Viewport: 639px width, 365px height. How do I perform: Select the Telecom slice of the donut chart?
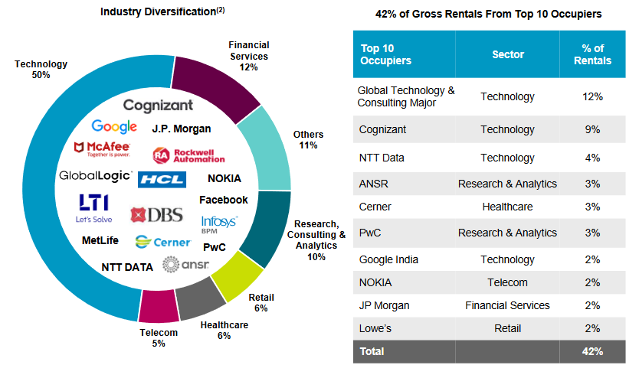tap(159, 305)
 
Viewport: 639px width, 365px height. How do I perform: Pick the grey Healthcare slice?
tap(201, 297)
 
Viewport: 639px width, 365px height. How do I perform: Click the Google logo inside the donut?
tap(114, 127)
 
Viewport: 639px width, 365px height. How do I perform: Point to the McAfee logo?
tap(102, 147)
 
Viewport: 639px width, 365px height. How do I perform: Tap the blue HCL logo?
tap(162, 180)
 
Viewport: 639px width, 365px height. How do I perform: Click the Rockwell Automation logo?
tap(189, 155)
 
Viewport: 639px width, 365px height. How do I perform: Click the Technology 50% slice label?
tap(41, 70)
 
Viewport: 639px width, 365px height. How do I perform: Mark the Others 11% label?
tap(308, 140)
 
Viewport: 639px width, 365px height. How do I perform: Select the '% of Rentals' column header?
tap(592, 54)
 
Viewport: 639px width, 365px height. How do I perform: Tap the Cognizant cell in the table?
tap(382, 130)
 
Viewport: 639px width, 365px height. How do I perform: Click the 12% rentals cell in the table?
tap(592, 97)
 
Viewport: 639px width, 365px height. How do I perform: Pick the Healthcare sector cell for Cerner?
tap(507, 207)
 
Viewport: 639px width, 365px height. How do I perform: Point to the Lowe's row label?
tap(375, 328)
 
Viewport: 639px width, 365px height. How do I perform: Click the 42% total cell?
tap(592, 352)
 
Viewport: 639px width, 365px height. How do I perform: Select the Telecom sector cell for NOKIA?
tap(507, 282)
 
